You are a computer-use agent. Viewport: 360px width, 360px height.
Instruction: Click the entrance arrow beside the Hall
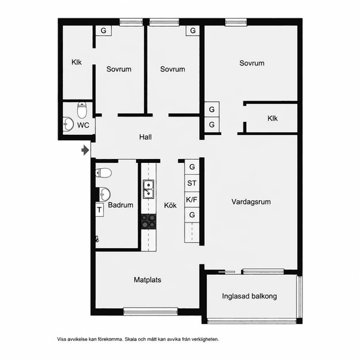point(85,150)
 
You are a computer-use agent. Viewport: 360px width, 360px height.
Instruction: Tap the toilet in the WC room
point(82,110)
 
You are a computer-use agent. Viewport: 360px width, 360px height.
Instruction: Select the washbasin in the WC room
point(68,124)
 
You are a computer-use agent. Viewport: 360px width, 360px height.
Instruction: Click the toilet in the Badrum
point(103,173)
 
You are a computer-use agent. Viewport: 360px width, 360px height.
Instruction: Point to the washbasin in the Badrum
point(105,194)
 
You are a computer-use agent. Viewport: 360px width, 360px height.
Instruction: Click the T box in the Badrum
point(99,209)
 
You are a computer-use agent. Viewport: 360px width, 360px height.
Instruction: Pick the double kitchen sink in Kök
point(149,189)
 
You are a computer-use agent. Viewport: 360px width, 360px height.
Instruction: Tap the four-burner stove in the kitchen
point(149,221)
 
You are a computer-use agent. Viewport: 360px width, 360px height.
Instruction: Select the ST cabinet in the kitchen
point(192,183)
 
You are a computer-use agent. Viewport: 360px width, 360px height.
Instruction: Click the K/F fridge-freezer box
point(192,200)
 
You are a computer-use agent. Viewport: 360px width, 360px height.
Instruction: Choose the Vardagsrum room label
point(251,202)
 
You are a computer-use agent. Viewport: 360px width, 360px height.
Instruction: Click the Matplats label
point(147,279)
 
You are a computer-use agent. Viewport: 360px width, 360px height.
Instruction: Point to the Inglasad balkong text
point(249,296)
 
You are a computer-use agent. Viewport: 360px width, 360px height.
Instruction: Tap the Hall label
point(145,137)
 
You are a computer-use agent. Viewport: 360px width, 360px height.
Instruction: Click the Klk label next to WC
point(77,62)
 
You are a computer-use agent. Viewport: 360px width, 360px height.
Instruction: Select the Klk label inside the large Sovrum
point(272,118)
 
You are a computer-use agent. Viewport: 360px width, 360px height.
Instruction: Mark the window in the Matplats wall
point(151,312)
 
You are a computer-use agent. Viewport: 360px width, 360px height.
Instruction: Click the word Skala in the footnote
point(131,339)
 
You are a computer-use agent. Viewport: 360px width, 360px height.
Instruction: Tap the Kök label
point(170,206)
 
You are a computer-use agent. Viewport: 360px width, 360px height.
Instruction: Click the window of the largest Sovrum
point(236,22)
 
